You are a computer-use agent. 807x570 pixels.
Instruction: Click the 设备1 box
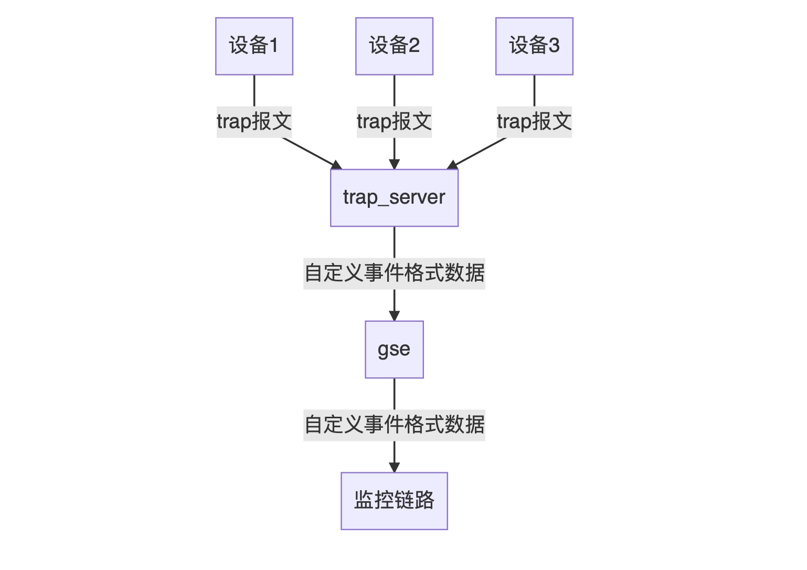click(x=254, y=46)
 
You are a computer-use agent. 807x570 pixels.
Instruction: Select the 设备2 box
click(x=394, y=46)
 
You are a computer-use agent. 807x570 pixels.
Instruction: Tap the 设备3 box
click(x=534, y=46)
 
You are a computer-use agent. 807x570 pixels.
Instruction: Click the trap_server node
click(x=394, y=198)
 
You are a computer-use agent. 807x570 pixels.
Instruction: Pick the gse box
click(x=394, y=350)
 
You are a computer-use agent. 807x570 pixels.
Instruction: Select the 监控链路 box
click(x=394, y=501)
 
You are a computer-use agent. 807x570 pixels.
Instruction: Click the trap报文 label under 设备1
click(x=254, y=122)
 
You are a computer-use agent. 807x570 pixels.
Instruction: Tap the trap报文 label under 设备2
click(x=394, y=122)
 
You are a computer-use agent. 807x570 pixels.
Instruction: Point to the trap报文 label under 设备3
click(x=534, y=122)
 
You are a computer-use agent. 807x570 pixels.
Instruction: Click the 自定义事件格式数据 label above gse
click(x=394, y=273)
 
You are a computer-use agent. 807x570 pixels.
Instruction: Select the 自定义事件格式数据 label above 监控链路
click(x=394, y=425)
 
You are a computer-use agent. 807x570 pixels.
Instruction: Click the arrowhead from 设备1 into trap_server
click(x=336, y=165)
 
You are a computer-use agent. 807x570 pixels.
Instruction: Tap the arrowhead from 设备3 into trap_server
click(x=452, y=165)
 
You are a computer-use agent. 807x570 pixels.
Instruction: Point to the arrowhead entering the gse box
click(x=394, y=315)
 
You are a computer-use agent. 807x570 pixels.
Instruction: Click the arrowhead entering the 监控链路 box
click(x=394, y=467)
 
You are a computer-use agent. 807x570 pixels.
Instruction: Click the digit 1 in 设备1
click(x=273, y=46)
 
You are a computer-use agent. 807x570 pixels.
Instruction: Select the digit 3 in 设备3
click(x=554, y=46)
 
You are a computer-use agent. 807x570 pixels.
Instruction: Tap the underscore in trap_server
click(x=383, y=205)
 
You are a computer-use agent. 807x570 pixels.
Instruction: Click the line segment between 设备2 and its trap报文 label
click(x=394, y=90)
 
